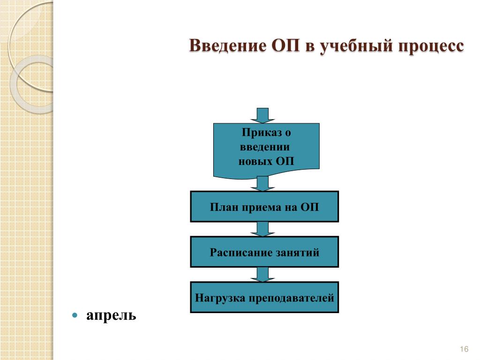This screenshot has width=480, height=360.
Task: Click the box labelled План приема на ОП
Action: click(x=264, y=206)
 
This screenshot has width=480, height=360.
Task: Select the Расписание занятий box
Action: click(x=264, y=252)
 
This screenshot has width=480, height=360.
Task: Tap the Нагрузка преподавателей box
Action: click(x=264, y=297)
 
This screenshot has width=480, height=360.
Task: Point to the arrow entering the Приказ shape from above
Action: click(x=263, y=115)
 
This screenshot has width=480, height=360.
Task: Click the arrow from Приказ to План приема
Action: click(x=263, y=183)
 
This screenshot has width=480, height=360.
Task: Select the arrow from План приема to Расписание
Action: click(x=263, y=229)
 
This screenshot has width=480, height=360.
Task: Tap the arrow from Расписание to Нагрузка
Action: click(x=263, y=274)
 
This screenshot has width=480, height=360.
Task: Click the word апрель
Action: click(x=111, y=315)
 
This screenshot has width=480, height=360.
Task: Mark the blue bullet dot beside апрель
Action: click(x=75, y=315)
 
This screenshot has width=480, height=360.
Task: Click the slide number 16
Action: click(x=465, y=349)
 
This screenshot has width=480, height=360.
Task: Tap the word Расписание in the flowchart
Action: click(x=234, y=253)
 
